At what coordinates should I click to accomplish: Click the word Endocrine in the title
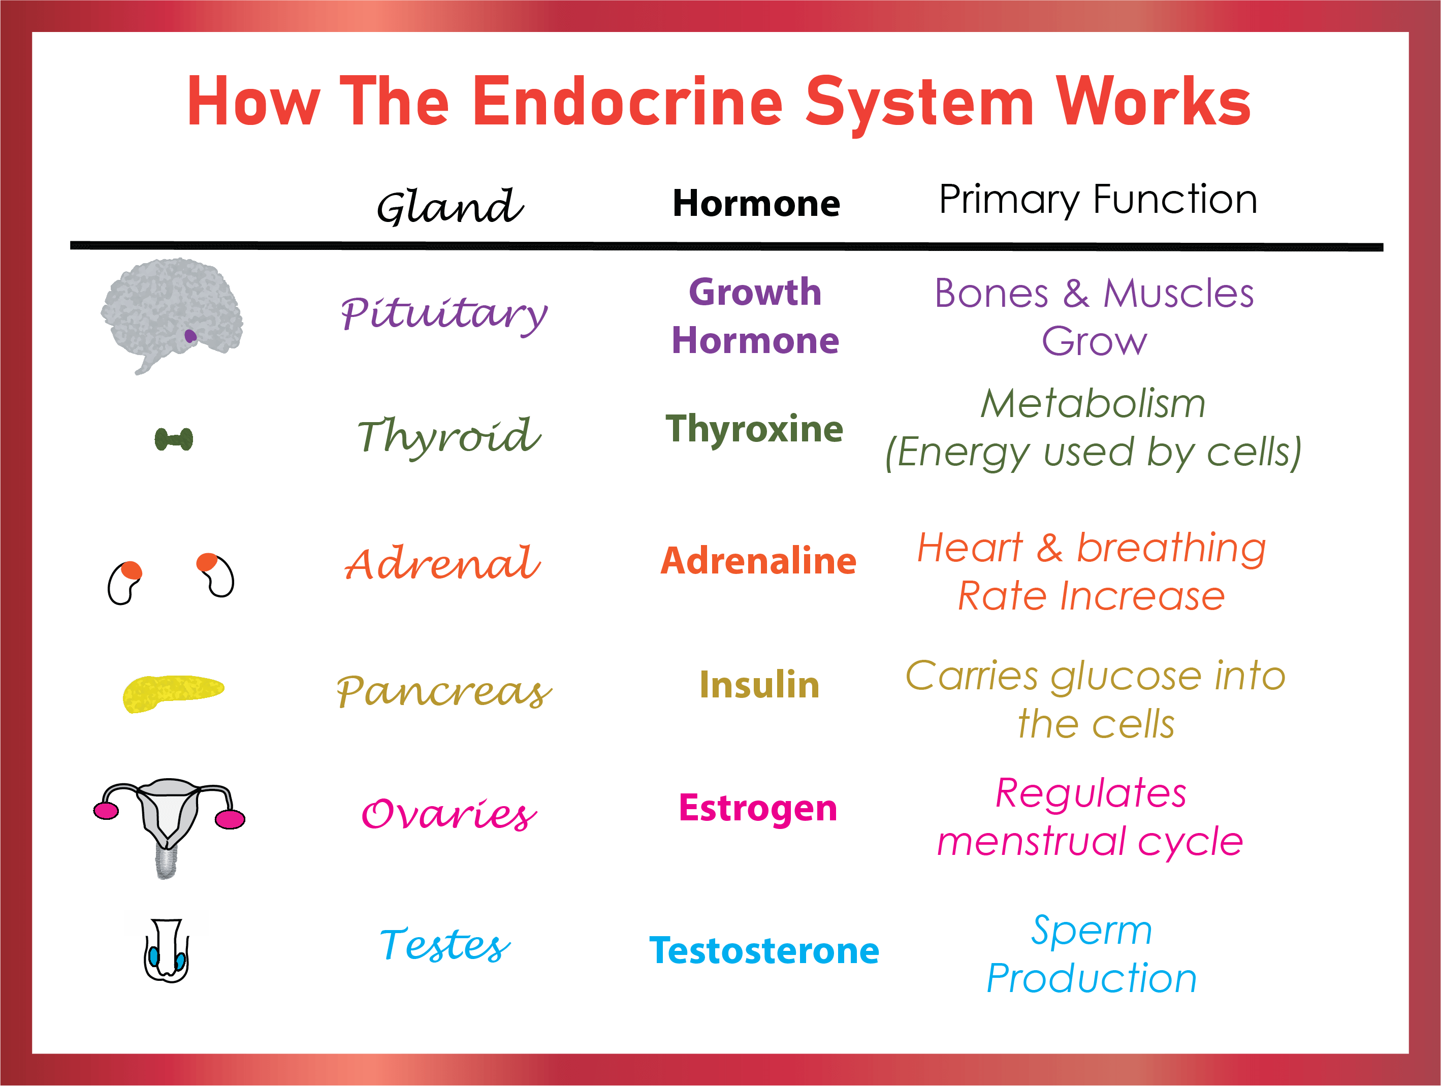[627, 102]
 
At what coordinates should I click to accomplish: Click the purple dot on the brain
[190, 336]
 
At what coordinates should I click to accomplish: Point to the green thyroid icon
[174, 439]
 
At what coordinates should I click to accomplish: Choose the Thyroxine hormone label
[754, 429]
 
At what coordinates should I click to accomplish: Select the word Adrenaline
[758, 561]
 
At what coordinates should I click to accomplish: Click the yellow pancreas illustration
[173, 692]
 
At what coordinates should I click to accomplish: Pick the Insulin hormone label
[759, 685]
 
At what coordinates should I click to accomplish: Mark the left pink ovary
[106, 810]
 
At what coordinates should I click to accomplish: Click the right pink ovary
[230, 819]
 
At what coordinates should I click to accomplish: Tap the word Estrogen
[758, 809]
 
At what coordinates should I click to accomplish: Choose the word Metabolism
[1093, 403]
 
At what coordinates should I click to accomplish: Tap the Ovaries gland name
[450, 814]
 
